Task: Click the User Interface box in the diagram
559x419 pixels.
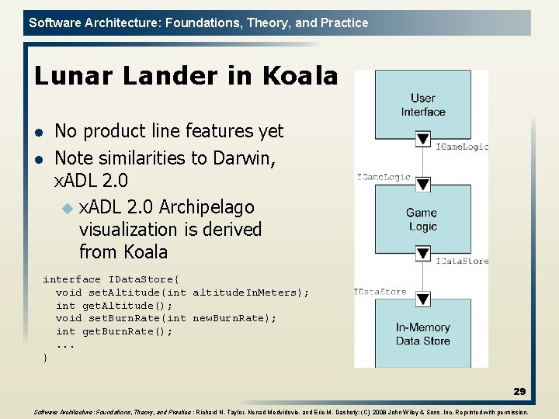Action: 422,104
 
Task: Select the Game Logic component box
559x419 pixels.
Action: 422,219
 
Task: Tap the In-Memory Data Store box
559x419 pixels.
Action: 422,334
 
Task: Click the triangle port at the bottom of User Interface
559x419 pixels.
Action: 422,140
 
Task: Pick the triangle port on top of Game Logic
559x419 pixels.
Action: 422,184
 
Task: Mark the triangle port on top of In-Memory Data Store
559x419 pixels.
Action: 422,299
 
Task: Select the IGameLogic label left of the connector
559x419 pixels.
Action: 384,177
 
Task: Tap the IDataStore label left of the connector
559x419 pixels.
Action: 380,292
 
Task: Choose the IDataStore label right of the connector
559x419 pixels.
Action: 462,261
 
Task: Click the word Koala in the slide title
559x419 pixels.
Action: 300,76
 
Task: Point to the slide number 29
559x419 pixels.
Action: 519,392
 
